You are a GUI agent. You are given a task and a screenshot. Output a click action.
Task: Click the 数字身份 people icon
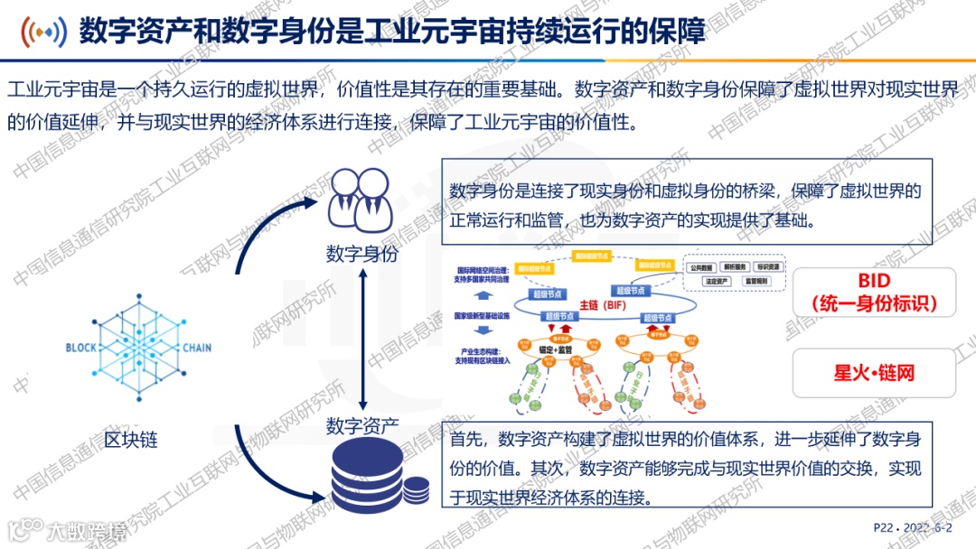pos(361,200)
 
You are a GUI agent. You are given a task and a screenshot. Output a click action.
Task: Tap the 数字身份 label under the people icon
pos(361,255)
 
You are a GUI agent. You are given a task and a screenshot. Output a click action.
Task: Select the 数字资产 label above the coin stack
pos(361,424)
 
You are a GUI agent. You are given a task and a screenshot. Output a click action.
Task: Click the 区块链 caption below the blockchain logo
pos(131,440)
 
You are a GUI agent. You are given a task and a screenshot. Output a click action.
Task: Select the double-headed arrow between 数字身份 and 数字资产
pos(361,340)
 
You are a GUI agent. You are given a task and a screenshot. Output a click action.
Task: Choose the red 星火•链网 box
pos(874,373)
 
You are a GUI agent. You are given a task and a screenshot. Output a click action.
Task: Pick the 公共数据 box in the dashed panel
pos(705,268)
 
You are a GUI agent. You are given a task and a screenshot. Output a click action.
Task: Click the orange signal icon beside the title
pos(44,33)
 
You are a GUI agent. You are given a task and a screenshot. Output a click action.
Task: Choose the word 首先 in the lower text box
pos(468,440)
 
